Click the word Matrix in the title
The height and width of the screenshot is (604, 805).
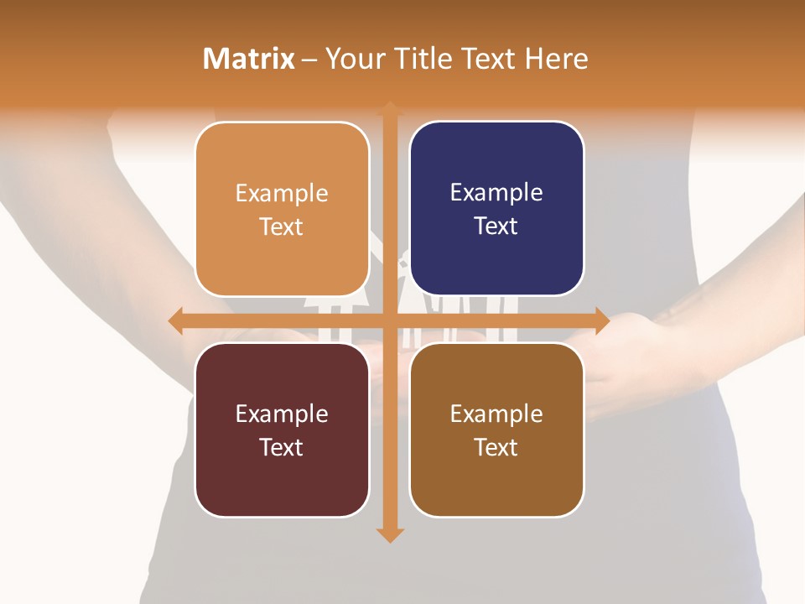[248, 59]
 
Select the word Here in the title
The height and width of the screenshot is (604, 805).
[556, 59]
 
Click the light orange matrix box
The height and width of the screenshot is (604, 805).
[282, 209]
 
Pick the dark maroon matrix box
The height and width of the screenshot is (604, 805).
[282, 430]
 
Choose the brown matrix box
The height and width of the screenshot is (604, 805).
[496, 430]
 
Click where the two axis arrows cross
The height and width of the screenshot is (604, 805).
[390, 320]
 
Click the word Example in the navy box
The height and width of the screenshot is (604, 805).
[496, 192]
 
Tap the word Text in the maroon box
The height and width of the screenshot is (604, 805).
[282, 447]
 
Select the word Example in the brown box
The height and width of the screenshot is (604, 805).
[496, 414]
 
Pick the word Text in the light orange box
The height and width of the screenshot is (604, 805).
[282, 226]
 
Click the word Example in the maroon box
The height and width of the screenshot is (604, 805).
[282, 414]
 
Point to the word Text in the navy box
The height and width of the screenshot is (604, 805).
[496, 226]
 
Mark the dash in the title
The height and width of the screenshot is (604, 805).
[310, 60]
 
